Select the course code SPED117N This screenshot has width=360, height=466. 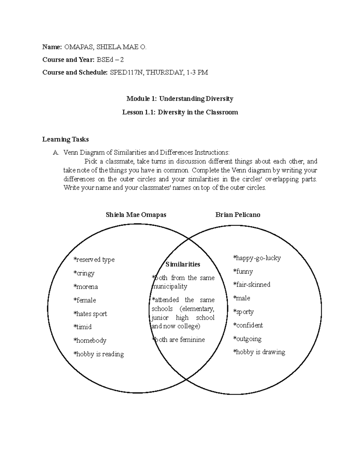126,72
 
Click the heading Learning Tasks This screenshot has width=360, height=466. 65,139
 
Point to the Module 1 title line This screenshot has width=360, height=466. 180,98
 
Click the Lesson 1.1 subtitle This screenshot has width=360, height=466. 180,112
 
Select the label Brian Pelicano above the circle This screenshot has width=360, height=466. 238,215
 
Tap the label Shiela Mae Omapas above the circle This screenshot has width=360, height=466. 136,215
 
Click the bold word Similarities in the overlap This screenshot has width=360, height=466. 183,264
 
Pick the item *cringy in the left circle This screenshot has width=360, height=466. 84,273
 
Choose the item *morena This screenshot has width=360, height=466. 85,287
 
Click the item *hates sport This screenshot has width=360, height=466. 90,314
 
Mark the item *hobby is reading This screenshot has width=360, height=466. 98,354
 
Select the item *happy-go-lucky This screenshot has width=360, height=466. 257,258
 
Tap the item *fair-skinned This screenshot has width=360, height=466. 252,284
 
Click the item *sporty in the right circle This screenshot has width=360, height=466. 243,312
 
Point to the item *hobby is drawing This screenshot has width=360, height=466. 259,352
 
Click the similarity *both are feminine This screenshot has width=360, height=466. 178,340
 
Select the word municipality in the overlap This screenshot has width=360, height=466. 170,287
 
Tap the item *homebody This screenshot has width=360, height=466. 90,341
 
